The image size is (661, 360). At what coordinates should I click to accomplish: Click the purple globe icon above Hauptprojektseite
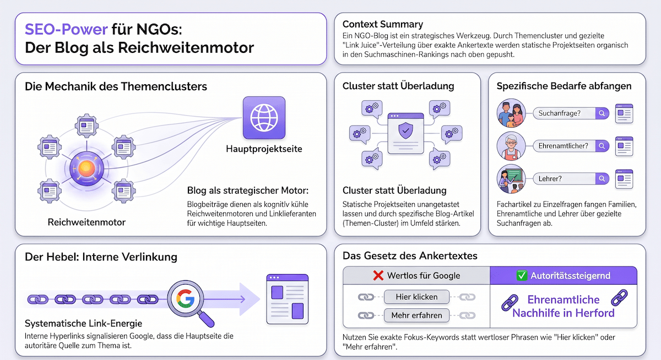pos(264,118)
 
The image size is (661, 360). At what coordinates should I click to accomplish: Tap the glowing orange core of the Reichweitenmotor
pos(86,168)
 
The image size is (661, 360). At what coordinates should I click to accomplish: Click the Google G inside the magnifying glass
pos(185,298)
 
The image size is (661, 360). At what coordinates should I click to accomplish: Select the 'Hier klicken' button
pos(416,297)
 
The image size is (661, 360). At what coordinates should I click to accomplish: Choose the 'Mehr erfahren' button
pos(416,315)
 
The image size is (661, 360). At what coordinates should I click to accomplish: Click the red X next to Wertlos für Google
pos(378,275)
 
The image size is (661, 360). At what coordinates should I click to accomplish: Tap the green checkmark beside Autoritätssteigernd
pos(522,275)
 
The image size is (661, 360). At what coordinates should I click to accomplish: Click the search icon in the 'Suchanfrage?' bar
pos(602,113)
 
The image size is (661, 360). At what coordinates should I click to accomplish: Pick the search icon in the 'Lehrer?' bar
pos(602,178)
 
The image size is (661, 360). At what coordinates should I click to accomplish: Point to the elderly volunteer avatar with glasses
pos(511,146)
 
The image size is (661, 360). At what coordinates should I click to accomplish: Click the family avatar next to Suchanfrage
pos(511,113)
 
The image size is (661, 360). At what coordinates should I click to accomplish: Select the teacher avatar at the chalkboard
pos(511,179)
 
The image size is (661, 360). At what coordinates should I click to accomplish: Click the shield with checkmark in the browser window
pos(406,130)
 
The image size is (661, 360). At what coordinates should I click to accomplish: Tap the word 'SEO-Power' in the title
pos(66,29)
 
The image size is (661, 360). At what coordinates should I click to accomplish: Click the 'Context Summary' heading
pos(383,24)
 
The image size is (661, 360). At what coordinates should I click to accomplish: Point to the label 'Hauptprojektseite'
pos(264,149)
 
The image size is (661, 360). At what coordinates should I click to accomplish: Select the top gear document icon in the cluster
pos(86,126)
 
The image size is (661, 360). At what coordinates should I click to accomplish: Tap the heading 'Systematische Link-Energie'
pos(84,324)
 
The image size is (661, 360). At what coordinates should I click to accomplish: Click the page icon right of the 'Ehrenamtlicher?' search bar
pos(624,146)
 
